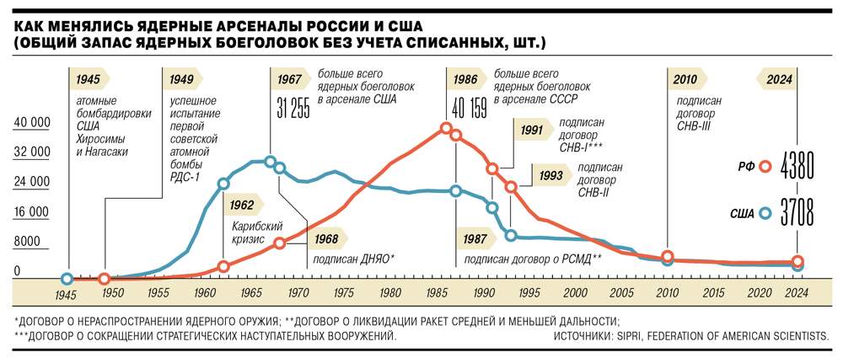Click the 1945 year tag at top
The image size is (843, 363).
87,80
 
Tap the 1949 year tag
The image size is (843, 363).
181,80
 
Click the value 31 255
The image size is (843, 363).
294,109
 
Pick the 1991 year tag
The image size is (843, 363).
531,130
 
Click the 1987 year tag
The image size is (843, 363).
475,239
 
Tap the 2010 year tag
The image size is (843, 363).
685,80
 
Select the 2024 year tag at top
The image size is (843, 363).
779,80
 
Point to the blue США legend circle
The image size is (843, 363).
765,214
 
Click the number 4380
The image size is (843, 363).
797,166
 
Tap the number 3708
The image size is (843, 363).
797,214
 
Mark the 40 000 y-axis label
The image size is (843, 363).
32,123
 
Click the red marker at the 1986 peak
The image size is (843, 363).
446,128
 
